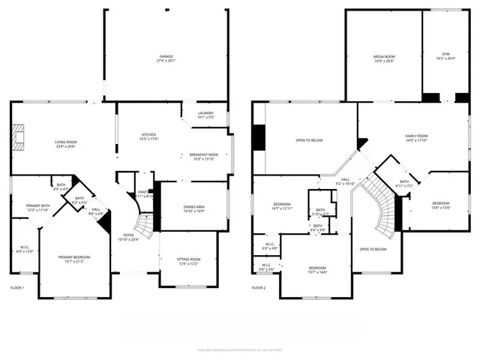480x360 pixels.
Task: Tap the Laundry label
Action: [x=205, y=115]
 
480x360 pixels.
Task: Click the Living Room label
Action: [x=66, y=144]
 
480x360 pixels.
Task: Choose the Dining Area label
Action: [x=194, y=208]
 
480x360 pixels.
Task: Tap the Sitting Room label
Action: [x=188, y=262]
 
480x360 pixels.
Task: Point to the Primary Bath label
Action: [x=37, y=208]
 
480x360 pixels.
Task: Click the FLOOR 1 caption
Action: [x=17, y=288]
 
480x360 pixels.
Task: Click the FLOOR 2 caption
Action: [x=259, y=288]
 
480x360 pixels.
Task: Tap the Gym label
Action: [x=445, y=56]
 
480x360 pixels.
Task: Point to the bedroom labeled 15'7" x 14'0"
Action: [x=318, y=270]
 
